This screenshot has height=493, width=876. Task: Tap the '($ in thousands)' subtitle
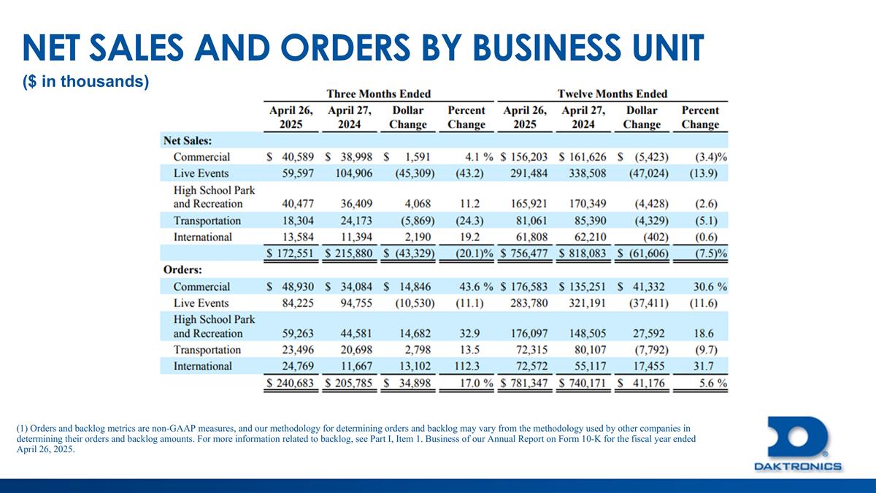(86, 83)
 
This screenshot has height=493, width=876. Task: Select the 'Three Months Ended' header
(378, 93)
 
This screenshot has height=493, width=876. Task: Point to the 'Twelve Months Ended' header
(612, 93)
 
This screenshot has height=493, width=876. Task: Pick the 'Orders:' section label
(182, 270)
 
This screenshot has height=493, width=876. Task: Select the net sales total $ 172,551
(291, 253)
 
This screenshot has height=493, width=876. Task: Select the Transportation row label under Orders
(207, 350)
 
